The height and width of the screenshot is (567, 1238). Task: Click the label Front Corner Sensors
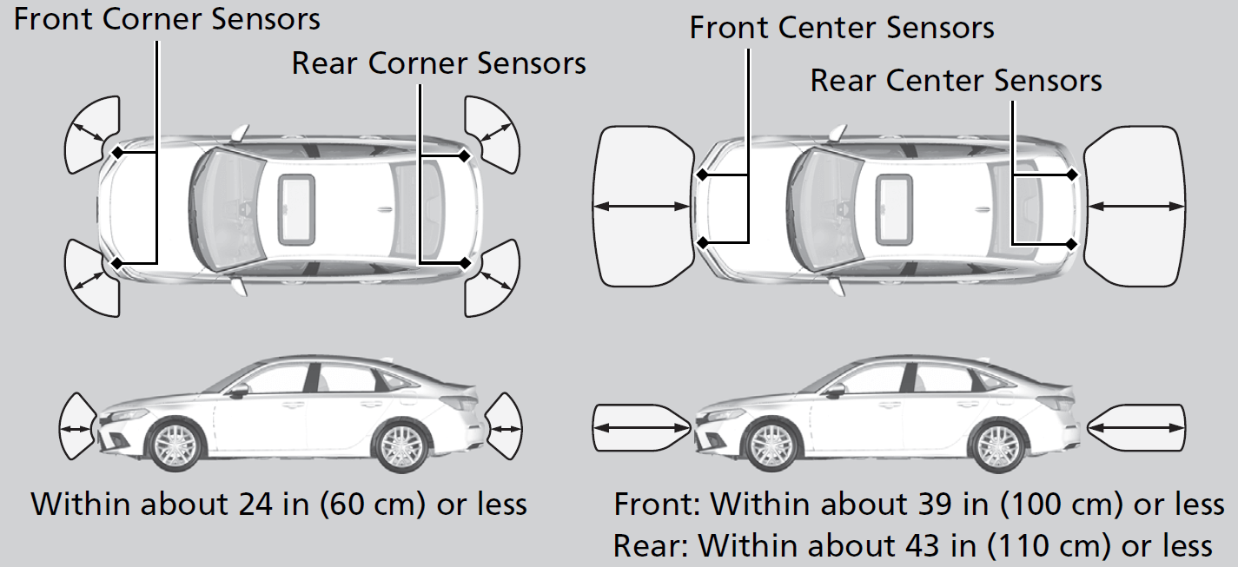click(167, 19)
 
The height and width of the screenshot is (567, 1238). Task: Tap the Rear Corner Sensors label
click(439, 63)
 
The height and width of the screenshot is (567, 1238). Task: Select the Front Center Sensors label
click(841, 28)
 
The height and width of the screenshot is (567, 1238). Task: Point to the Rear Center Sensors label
click(956, 81)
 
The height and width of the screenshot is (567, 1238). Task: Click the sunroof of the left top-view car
click(295, 207)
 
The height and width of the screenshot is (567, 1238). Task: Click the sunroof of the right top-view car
click(895, 207)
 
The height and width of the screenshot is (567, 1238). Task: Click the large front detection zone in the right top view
click(641, 206)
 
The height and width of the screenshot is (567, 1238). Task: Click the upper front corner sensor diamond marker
click(117, 153)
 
